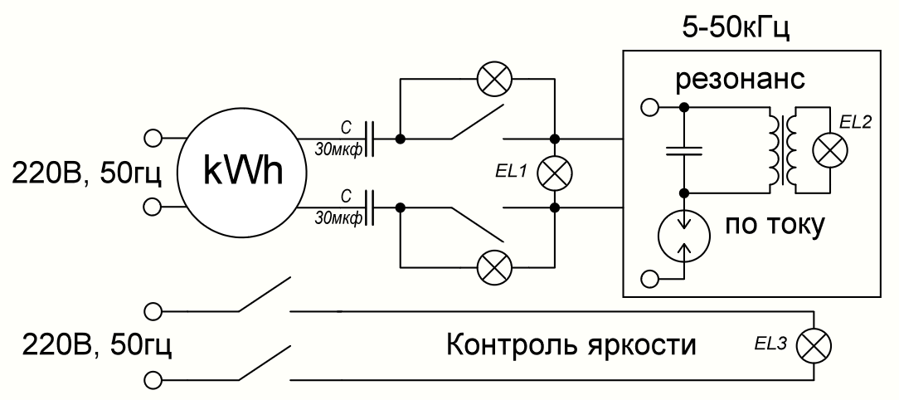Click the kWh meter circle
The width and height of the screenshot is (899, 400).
pos(238,171)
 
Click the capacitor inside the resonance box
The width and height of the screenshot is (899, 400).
pos(683,150)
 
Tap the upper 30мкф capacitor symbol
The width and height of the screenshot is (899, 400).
pos(372,138)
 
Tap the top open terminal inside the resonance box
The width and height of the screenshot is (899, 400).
pos(651,107)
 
